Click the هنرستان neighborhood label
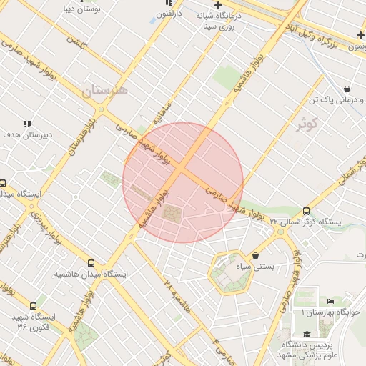(x=104, y=91)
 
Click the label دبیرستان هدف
(x=26, y=134)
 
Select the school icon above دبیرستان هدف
(x=27, y=123)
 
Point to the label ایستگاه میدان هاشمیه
(x=91, y=274)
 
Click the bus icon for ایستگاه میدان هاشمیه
(x=91, y=263)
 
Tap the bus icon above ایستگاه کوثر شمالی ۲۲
(x=307, y=211)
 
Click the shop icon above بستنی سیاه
(x=256, y=255)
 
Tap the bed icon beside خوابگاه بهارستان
(x=330, y=302)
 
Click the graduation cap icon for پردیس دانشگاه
(x=306, y=334)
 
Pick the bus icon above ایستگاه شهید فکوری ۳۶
(x=33, y=305)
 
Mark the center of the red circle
(x=183, y=182)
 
